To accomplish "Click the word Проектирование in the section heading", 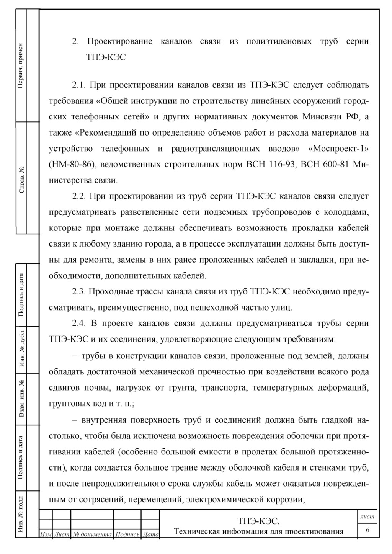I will click(x=120, y=42).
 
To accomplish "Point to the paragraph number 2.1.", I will click(x=80, y=85).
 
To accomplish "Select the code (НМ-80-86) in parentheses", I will click(x=72, y=165).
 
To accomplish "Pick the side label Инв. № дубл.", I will click(x=21, y=350).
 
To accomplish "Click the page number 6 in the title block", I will click(x=368, y=530).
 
